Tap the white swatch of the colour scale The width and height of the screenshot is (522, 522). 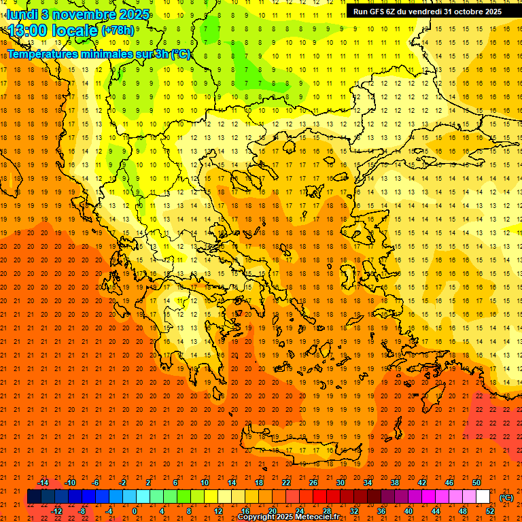coord(483,497)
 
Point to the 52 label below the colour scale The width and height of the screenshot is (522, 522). coord(490,511)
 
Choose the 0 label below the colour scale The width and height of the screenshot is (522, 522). coord(135,511)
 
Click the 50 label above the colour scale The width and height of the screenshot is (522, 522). coord(476,483)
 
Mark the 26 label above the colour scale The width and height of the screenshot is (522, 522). coord(313,483)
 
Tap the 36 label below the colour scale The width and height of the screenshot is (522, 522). coord(381,511)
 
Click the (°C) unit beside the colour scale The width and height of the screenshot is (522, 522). coord(506,498)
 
